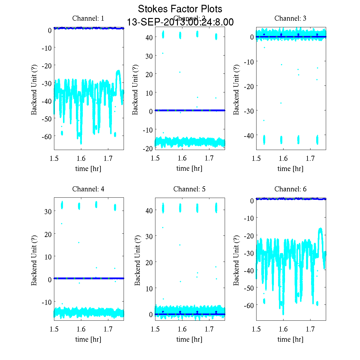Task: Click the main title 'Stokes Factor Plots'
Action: pyautogui.click(x=180, y=9)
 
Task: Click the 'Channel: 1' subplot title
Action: pyautogui.click(x=88, y=18)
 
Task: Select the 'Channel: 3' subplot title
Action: pyautogui.click(x=290, y=18)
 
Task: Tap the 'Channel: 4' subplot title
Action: pyautogui.click(x=88, y=189)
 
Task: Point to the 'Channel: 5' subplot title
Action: pyautogui.click(x=189, y=189)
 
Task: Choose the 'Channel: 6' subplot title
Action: pyautogui.click(x=290, y=189)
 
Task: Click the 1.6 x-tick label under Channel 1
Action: pyautogui.click(x=81, y=159)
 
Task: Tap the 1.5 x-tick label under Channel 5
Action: pyautogui.click(x=155, y=329)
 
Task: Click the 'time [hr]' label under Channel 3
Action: pyautogui.click(x=290, y=169)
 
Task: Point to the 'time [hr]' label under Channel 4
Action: pyautogui.click(x=88, y=339)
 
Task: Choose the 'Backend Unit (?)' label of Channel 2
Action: pyautogui.click(x=135, y=89)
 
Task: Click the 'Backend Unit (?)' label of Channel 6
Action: pyautogui.click(x=236, y=260)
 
